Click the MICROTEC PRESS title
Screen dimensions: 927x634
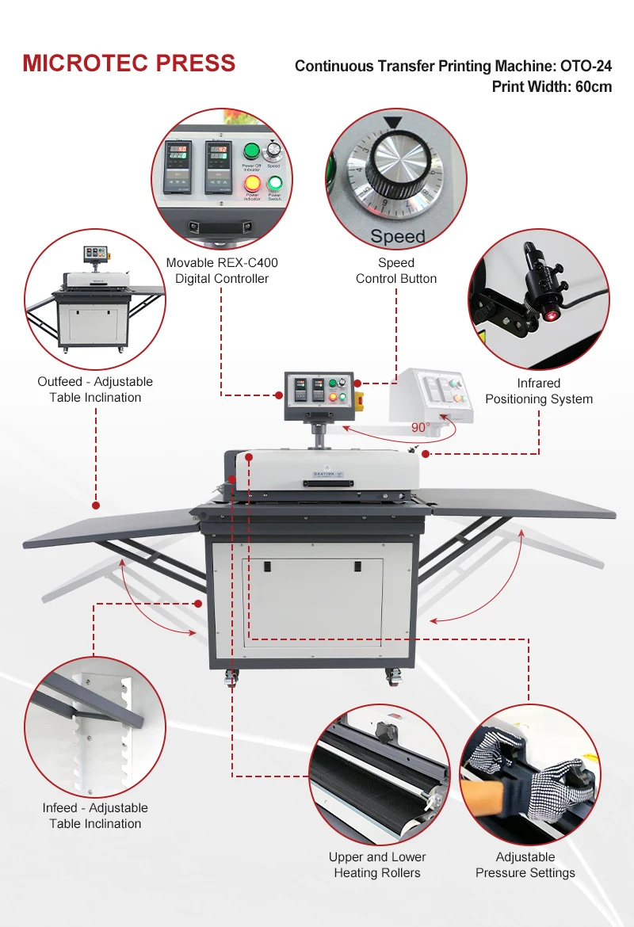click(128, 63)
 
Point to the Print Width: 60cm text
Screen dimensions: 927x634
click(552, 86)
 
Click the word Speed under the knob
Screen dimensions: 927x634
click(397, 236)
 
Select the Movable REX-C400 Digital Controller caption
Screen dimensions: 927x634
click(222, 270)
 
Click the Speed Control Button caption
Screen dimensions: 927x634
click(396, 270)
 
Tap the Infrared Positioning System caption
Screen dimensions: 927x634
click(539, 391)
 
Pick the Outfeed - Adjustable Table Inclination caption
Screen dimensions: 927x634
click(95, 389)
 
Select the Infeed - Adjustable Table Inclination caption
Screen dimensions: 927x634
click(95, 815)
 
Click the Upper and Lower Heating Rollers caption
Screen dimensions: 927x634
click(377, 864)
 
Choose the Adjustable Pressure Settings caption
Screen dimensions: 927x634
click(525, 864)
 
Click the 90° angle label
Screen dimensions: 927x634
click(420, 427)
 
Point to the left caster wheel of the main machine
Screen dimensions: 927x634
click(234, 677)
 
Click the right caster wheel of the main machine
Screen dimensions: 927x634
click(393, 677)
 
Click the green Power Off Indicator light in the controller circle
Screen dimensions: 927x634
click(251, 151)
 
